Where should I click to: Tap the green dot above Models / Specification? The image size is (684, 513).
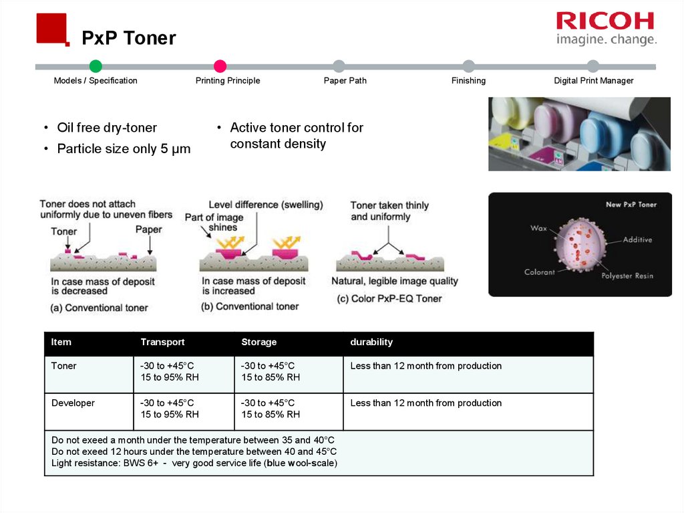coord(96,66)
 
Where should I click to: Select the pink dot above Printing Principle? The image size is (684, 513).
coord(220,66)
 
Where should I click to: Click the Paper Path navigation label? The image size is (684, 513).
coord(345,81)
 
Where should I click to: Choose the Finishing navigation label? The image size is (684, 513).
coord(468,81)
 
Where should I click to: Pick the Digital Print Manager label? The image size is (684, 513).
coord(593,81)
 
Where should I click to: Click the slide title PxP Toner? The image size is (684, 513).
coord(129,39)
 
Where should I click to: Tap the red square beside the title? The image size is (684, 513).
coord(51,28)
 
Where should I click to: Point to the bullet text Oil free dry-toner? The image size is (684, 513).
coord(107,128)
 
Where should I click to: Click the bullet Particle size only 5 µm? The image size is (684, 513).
coord(124,149)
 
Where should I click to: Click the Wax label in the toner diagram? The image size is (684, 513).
coord(538,229)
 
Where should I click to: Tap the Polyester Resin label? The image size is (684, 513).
coord(627,276)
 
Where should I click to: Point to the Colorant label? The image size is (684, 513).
coord(539,272)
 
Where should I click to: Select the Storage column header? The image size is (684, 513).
coord(259,342)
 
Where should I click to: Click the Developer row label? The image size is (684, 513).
coord(73,403)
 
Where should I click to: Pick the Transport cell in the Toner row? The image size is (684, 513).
coord(170,372)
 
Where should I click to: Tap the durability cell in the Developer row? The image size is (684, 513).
coord(425,403)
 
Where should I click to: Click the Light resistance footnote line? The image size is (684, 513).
coord(194,463)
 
